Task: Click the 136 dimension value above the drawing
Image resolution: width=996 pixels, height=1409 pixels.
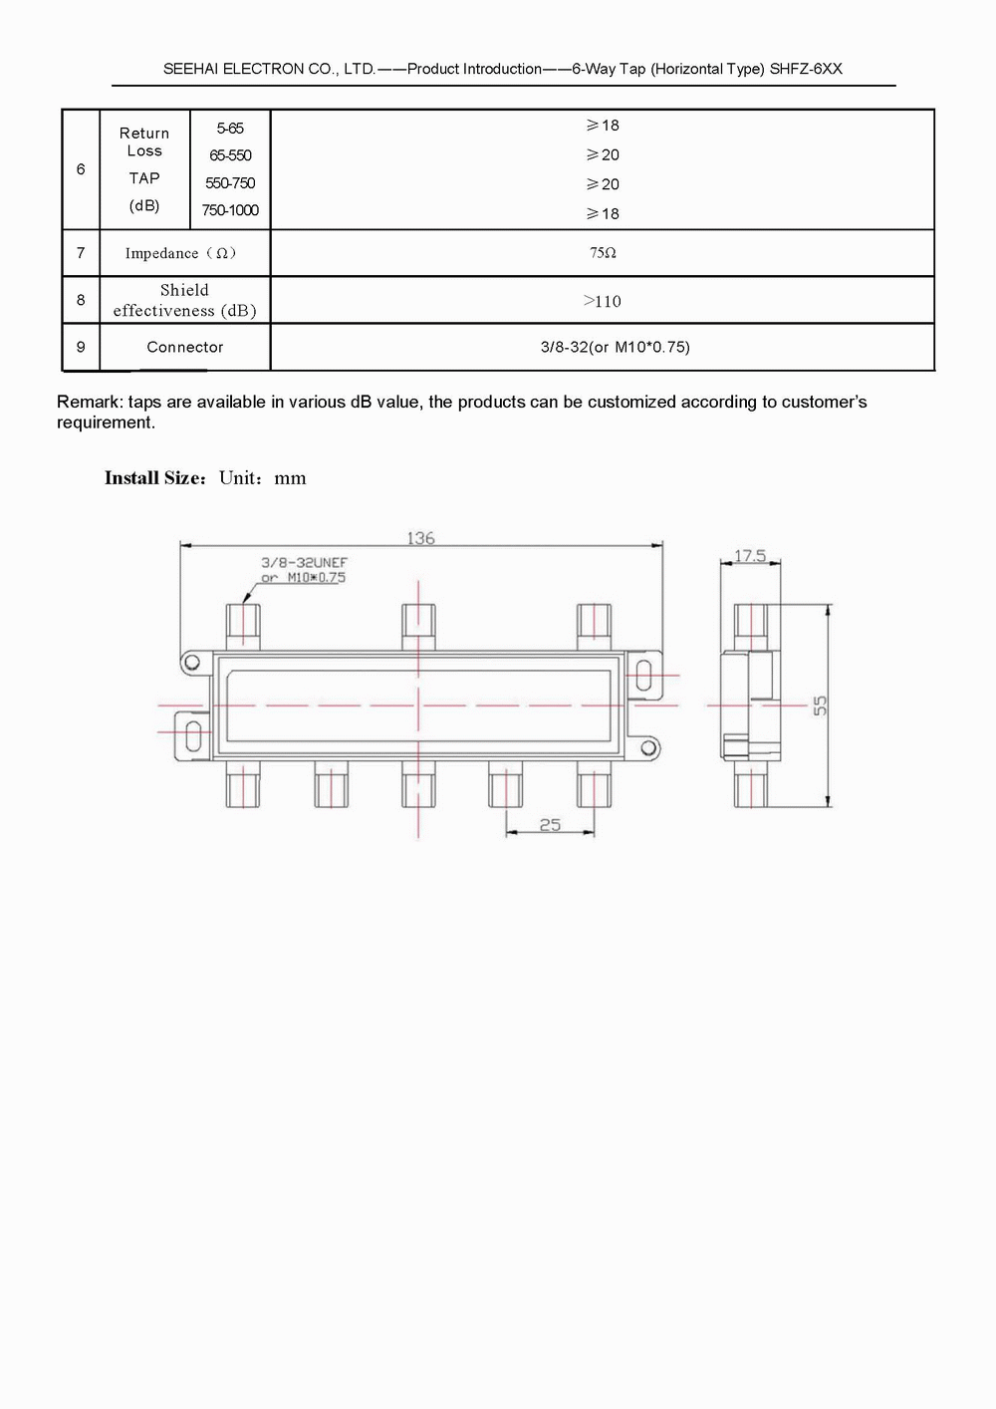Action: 420,538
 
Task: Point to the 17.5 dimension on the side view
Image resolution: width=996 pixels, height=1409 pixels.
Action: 750,555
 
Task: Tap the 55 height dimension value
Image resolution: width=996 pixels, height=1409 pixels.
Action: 820,705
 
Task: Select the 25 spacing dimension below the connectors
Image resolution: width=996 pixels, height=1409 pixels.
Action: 550,825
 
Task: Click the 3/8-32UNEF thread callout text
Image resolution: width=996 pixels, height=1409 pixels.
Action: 305,562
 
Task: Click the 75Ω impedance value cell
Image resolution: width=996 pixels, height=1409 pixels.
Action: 603,253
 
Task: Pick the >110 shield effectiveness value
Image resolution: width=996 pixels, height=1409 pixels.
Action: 602,301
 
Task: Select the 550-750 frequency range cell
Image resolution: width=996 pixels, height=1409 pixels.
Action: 230,183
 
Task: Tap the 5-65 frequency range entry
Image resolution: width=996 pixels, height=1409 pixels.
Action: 230,129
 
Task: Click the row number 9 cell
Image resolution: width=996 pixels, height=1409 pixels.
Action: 81,347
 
